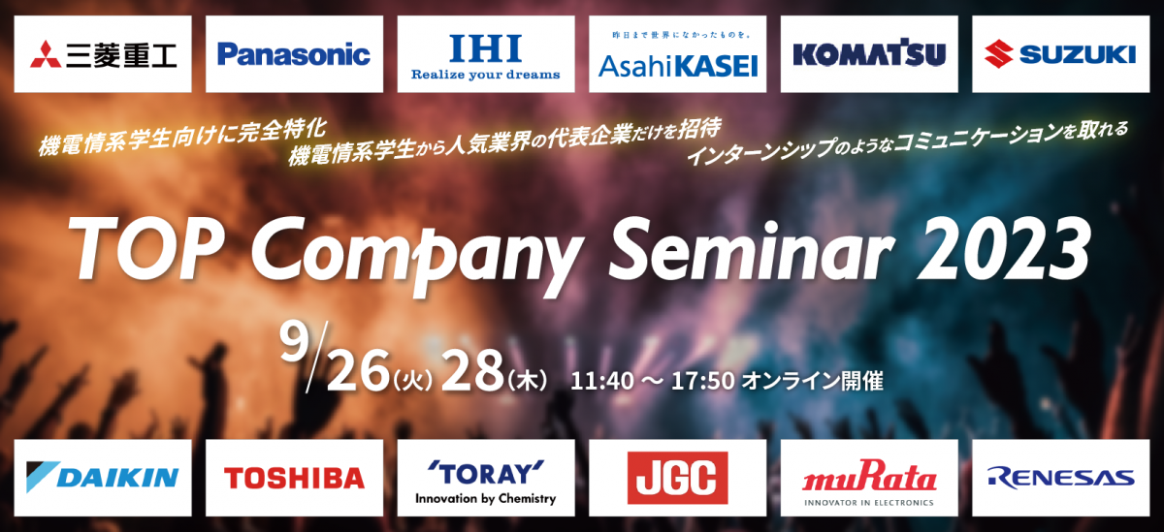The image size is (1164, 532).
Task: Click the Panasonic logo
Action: [x=294, y=54]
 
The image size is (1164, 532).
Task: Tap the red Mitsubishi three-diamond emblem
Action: [x=46, y=54]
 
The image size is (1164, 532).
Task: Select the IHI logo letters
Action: [x=485, y=47]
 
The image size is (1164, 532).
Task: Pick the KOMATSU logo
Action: [x=869, y=53]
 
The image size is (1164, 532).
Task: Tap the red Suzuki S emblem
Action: [x=998, y=54]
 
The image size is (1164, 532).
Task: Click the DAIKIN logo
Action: [x=103, y=477]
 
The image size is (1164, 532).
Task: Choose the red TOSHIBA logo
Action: [x=294, y=478]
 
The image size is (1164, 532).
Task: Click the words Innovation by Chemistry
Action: [x=485, y=499]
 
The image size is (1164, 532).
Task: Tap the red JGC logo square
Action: [x=678, y=478]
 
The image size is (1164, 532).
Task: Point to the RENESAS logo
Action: [x=1060, y=478]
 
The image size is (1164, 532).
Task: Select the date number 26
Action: [x=358, y=370]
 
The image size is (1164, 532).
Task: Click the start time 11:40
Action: [x=601, y=382]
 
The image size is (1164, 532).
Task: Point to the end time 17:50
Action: [x=702, y=382]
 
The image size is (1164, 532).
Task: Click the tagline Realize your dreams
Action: [x=485, y=76]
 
